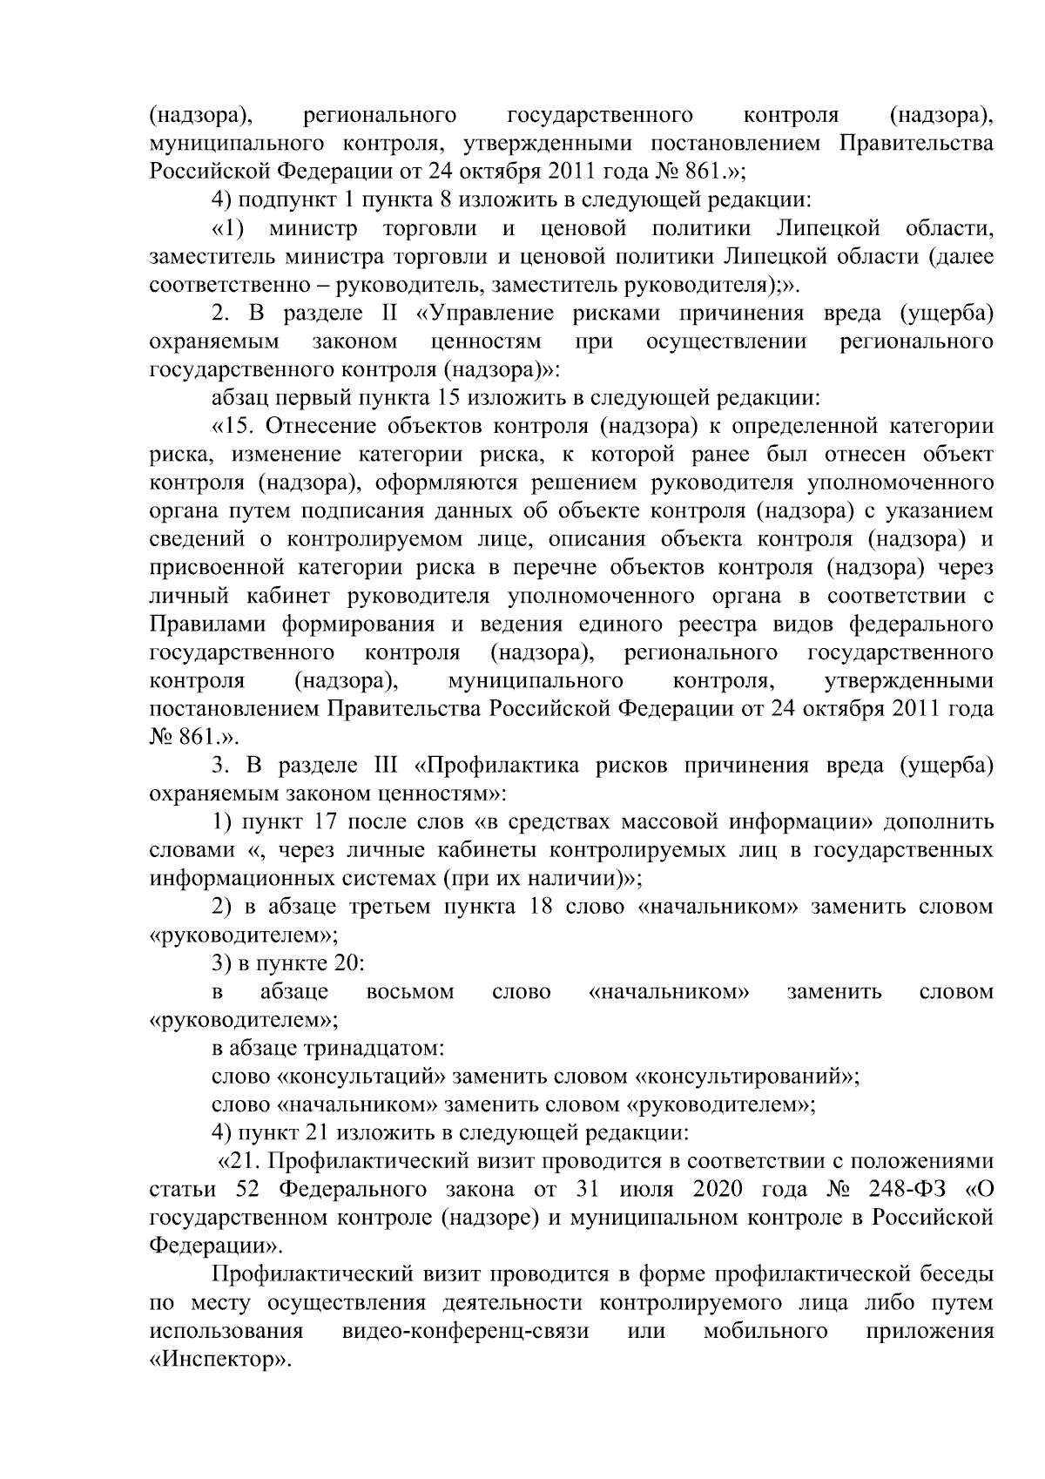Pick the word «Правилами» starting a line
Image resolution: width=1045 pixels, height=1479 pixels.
point(205,625)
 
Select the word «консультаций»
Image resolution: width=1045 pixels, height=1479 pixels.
point(363,1076)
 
